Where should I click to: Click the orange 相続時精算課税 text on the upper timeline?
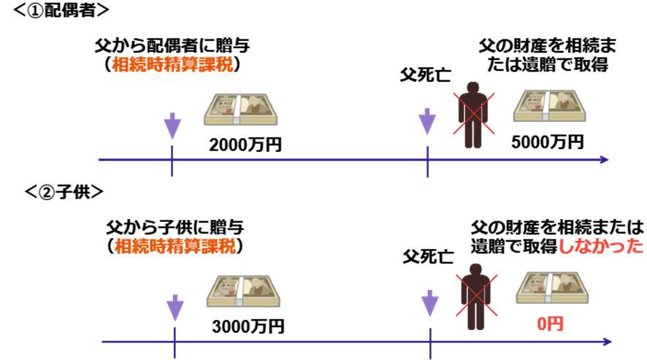pyautogui.click(x=172, y=64)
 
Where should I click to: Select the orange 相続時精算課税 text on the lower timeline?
pyautogui.click(x=175, y=245)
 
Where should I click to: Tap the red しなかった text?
pyautogui.click(x=600, y=245)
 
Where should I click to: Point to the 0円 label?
pyautogui.click(x=550, y=323)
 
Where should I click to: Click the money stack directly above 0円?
pyautogui.click(x=552, y=288)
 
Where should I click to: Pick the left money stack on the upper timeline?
pyautogui.click(x=240, y=110)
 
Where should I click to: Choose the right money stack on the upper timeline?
pyautogui.click(x=549, y=107)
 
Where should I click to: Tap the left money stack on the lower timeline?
pyautogui.click(x=243, y=291)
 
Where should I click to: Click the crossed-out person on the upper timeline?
pyautogui.click(x=473, y=114)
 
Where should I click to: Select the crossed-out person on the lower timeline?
pyautogui.click(x=476, y=296)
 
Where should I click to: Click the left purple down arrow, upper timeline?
pyautogui.click(x=172, y=126)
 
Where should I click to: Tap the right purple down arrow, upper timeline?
pyautogui.click(x=427, y=121)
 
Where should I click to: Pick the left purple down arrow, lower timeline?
pyautogui.click(x=175, y=307)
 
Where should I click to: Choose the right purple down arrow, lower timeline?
pyautogui.click(x=430, y=303)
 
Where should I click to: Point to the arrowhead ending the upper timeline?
pyautogui.click(x=603, y=159)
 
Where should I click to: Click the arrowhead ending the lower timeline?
pyautogui.click(x=607, y=341)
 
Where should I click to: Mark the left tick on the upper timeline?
pyautogui.click(x=172, y=161)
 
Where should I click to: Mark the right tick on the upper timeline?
pyautogui.click(x=427, y=161)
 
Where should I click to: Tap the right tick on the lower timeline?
pyautogui.click(x=430, y=342)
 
